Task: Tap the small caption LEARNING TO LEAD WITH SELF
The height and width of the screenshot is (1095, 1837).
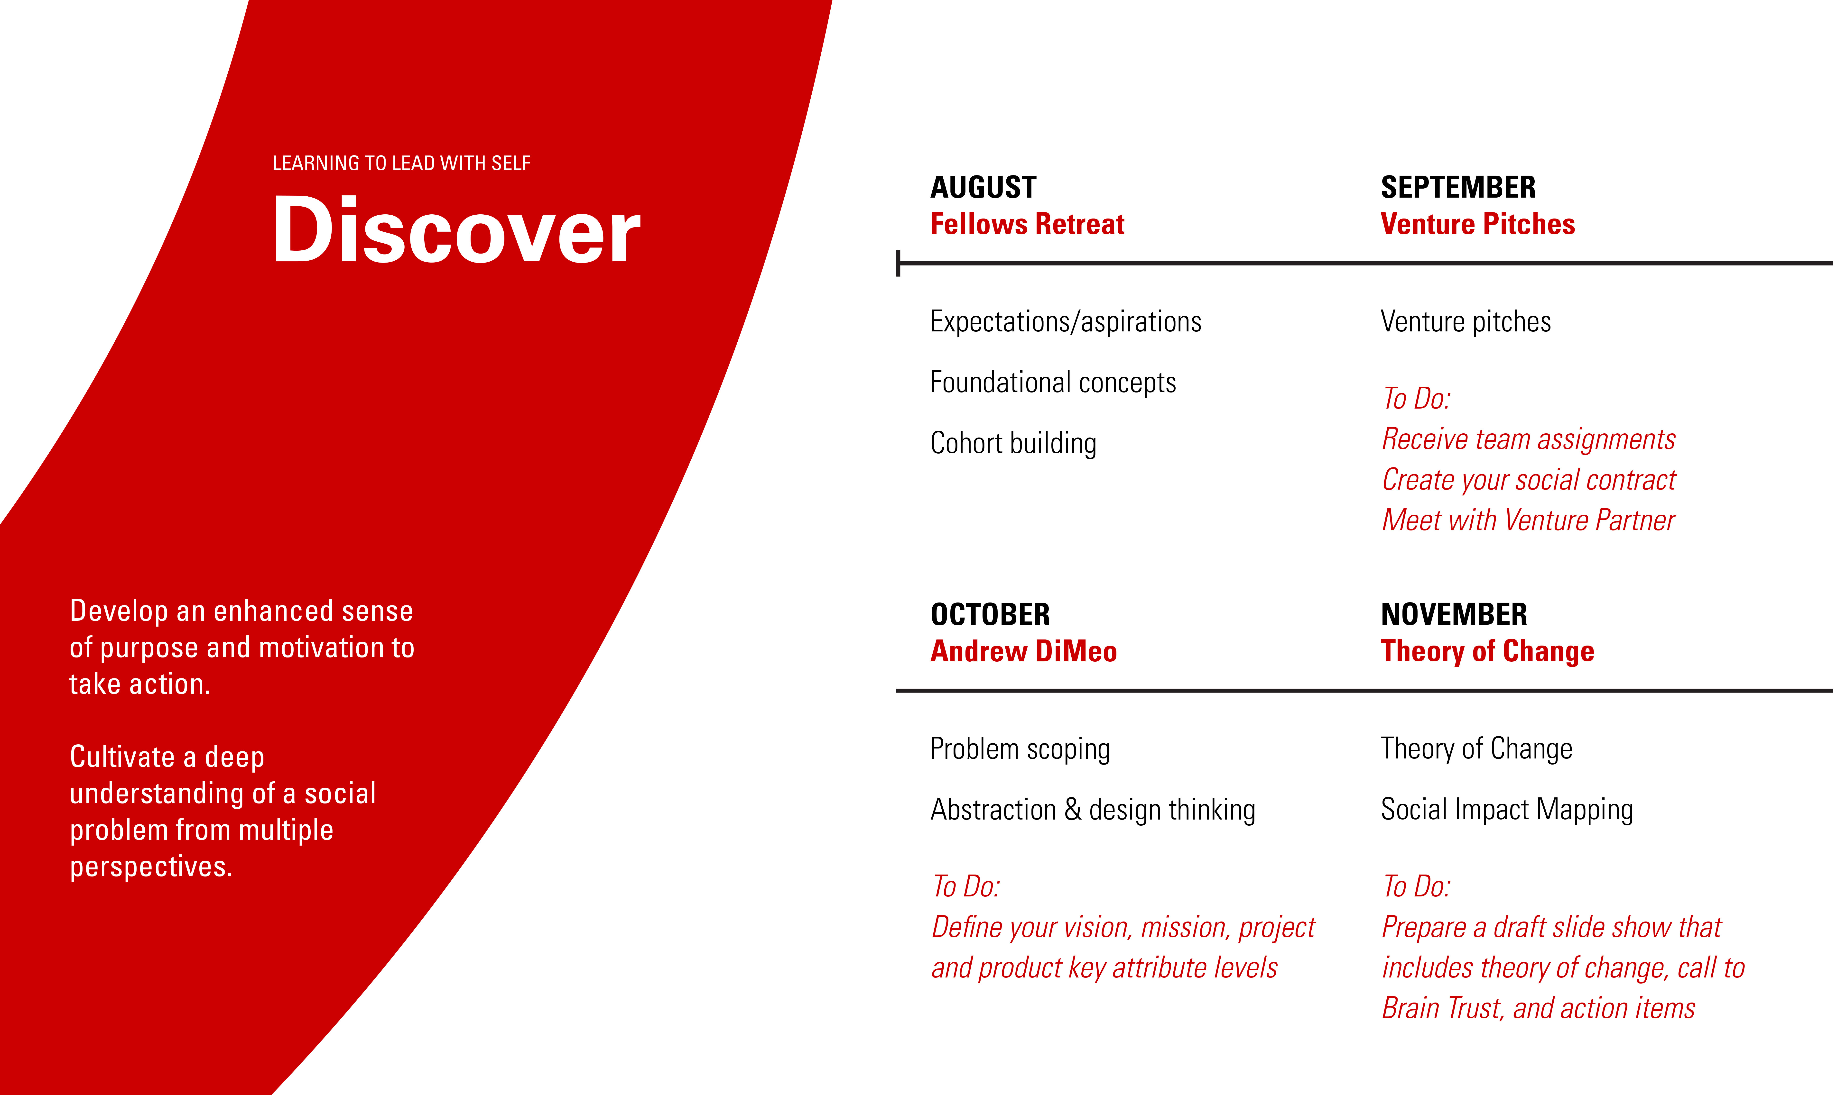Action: tap(401, 163)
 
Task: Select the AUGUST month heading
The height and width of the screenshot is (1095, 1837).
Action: tap(983, 187)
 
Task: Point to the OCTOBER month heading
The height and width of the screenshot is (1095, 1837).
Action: tap(990, 615)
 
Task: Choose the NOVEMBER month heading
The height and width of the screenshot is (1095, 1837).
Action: tap(1454, 615)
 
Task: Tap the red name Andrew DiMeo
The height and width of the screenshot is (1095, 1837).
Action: tap(1024, 652)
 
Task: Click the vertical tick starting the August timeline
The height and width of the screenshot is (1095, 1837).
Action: tap(898, 264)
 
